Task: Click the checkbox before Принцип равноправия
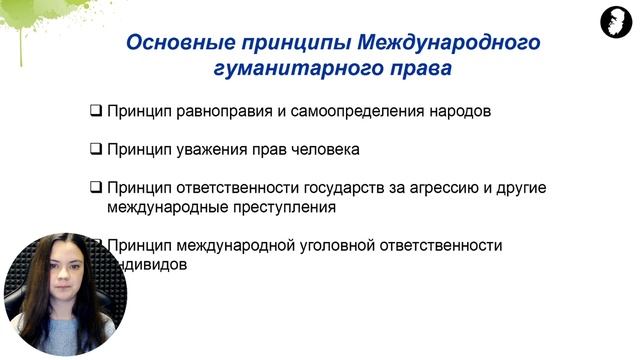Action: click(96, 111)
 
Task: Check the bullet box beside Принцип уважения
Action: click(96, 150)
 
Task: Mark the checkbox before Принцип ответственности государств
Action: click(96, 188)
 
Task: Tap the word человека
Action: click(321, 150)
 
